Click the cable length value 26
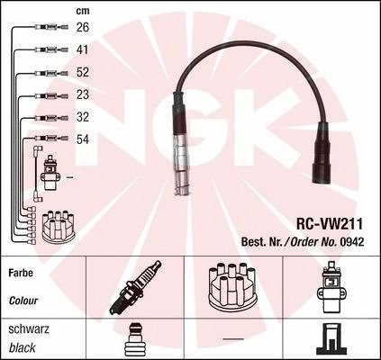click(83, 27)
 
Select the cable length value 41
click(83, 49)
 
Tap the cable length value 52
click(83, 72)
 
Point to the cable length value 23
click(83, 94)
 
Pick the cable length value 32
click(83, 117)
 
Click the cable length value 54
click(83, 139)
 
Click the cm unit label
click(83, 11)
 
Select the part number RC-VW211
click(330, 223)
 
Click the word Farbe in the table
click(21, 273)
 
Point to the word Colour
click(23, 301)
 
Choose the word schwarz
click(29, 329)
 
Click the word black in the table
click(23, 347)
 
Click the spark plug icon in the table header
click(135, 287)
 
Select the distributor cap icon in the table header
click(232, 286)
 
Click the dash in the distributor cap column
click(233, 339)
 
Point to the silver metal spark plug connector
click(181, 165)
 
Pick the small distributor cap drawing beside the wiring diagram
click(58, 226)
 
